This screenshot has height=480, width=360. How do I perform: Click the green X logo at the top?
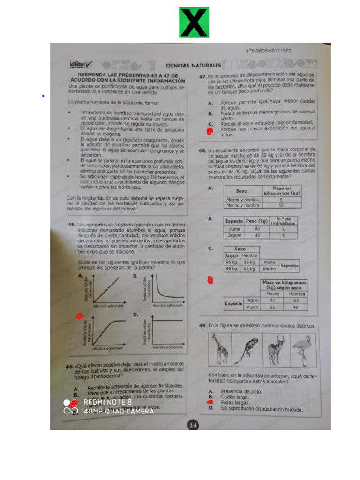click(194, 22)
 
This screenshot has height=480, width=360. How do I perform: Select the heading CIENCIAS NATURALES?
click(193, 65)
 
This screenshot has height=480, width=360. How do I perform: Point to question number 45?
click(72, 225)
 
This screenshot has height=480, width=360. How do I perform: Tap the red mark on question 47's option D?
click(210, 132)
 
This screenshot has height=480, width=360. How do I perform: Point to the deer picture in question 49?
click(276, 349)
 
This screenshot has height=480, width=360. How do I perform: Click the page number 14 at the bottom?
click(193, 425)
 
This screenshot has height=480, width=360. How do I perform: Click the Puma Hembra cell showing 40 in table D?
click(295, 307)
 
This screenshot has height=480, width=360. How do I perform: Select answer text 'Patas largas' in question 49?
click(235, 402)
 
